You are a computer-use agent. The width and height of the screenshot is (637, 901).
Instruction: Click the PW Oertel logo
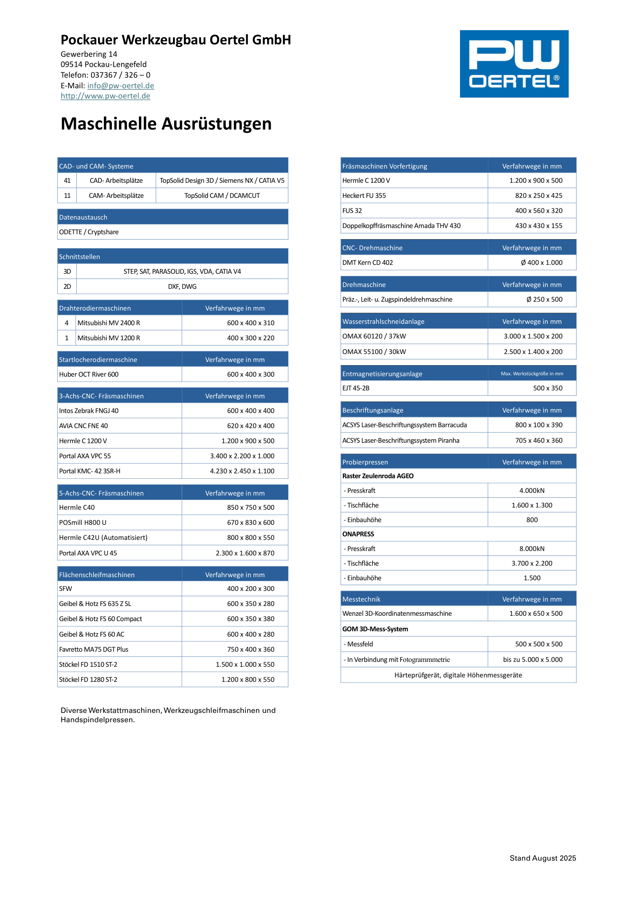[x=514, y=64]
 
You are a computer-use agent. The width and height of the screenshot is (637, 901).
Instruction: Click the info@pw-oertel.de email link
[x=121, y=86]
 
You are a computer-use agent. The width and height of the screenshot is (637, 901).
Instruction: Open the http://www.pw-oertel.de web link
[x=106, y=96]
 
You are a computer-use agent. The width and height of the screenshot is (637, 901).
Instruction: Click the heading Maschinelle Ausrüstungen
[x=166, y=124]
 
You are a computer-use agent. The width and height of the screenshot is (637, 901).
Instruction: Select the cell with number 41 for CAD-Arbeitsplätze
[x=67, y=181]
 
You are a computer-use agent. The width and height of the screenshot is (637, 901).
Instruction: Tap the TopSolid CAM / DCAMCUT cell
[x=222, y=196]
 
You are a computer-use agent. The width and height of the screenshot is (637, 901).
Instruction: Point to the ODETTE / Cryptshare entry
[x=89, y=232]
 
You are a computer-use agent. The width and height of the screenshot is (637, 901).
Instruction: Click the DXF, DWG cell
[x=182, y=287]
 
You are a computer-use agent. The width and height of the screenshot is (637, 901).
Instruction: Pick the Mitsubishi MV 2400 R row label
[x=109, y=323]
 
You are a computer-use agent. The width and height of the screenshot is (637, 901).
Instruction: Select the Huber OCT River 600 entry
[x=89, y=374]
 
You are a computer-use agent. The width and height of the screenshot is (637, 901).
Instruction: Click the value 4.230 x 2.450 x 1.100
[x=242, y=471]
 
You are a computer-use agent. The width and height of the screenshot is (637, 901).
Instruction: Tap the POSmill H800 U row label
[x=83, y=523]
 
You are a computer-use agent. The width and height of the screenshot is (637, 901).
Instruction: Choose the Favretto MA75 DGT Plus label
[x=94, y=649]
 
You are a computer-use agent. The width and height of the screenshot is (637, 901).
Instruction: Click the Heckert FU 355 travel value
[x=539, y=196]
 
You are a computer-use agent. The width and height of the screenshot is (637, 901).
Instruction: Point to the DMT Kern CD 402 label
[x=367, y=263]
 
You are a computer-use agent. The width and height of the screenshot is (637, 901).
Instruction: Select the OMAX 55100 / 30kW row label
[x=374, y=352]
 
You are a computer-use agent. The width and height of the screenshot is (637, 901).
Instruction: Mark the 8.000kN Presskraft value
[x=531, y=549]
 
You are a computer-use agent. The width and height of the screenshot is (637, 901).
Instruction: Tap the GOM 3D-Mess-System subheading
[x=375, y=629]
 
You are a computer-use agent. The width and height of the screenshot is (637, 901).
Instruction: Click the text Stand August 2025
[x=543, y=858]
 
